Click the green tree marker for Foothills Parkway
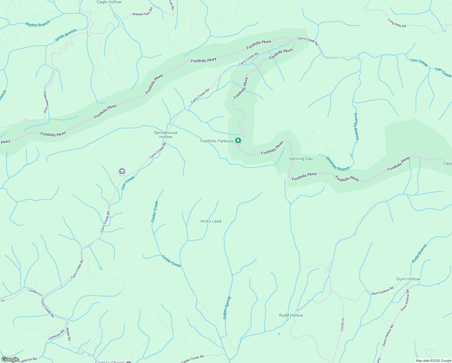pyautogui.click(x=238, y=140)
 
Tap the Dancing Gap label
pyautogui.click(x=301, y=159)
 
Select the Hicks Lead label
pyautogui.click(x=211, y=221)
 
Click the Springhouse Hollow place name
pyautogui.click(x=166, y=135)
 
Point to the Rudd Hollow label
pyautogui.click(x=291, y=315)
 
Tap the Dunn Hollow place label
pyautogui.click(x=408, y=279)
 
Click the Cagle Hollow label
pyautogui.click(x=109, y=2)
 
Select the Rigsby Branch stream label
pyautogui.click(x=38, y=24)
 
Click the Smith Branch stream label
pyautogui.click(x=66, y=35)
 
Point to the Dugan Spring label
pyautogui.click(x=227, y=308)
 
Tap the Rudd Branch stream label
pyautogui.click(x=419, y=253)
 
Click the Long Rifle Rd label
pyautogui.click(x=397, y=23)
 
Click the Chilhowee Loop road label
pyautogui.click(x=45, y=102)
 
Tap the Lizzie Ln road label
pyautogui.click(x=342, y=324)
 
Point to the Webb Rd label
pyautogui.click(x=68, y=334)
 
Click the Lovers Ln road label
pyautogui.click(x=35, y=292)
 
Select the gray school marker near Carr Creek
pyautogui.click(x=122, y=172)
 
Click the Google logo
pyautogui.click(x=10, y=359)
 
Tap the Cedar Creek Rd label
pyautogui.click(x=192, y=359)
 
